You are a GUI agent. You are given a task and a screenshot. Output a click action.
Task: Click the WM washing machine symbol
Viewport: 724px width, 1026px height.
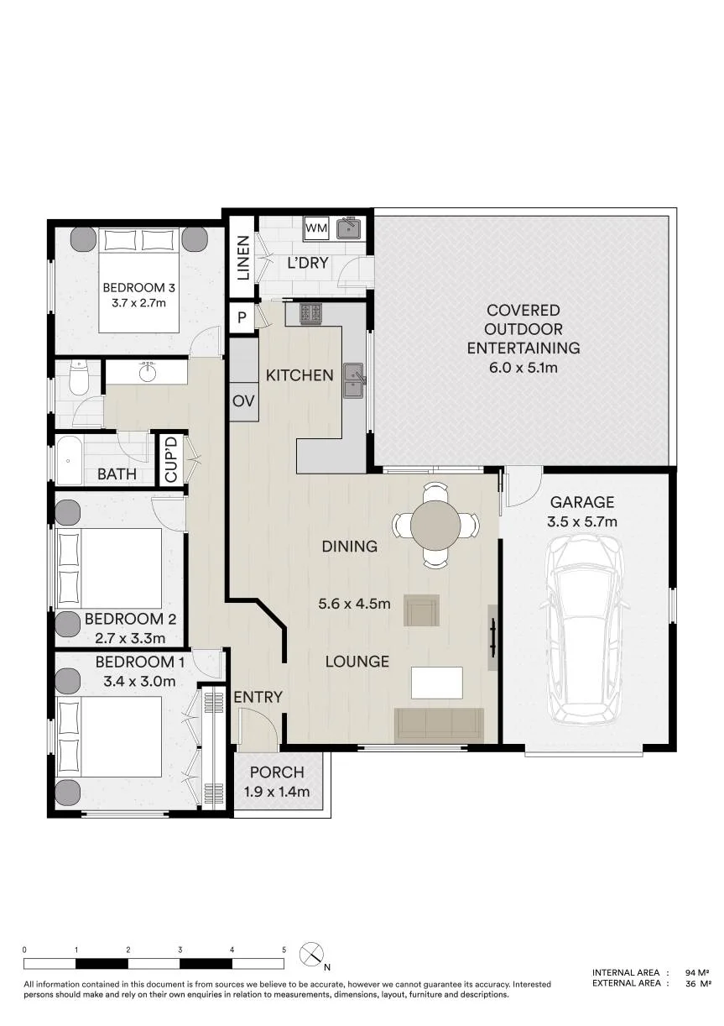[316, 228]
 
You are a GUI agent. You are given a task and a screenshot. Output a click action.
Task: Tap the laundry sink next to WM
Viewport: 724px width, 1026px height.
[349, 228]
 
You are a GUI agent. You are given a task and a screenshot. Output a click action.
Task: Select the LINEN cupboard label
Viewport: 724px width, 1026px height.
[243, 258]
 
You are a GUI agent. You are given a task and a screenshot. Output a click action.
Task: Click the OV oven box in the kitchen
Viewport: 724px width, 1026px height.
[243, 401]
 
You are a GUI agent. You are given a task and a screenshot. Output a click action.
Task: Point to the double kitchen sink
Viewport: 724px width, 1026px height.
[353, 380]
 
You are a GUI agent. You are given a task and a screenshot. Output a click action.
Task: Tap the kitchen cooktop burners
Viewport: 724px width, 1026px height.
[311, 314]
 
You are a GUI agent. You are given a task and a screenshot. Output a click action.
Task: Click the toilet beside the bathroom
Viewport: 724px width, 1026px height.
[78, 379]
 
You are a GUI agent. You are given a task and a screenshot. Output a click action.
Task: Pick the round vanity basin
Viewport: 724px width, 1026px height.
[148, 373]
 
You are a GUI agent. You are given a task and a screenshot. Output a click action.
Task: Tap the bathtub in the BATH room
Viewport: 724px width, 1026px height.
[70, 460]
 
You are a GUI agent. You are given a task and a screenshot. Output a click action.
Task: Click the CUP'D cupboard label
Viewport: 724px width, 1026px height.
[170, 459]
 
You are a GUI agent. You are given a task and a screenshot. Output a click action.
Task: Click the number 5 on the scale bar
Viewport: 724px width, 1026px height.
[284, 950]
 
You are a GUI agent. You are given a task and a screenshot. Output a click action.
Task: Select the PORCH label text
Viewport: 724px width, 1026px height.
[277, 772]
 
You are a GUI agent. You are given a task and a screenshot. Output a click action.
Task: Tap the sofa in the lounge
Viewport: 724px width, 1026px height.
[439, 725]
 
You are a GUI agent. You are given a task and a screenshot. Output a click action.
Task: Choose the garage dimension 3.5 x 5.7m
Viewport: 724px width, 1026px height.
[581, 521]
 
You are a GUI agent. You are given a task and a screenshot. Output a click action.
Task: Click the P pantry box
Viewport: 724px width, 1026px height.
[242, 317]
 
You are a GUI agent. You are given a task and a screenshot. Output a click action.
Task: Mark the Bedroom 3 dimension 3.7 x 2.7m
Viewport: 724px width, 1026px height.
[138, 303]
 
